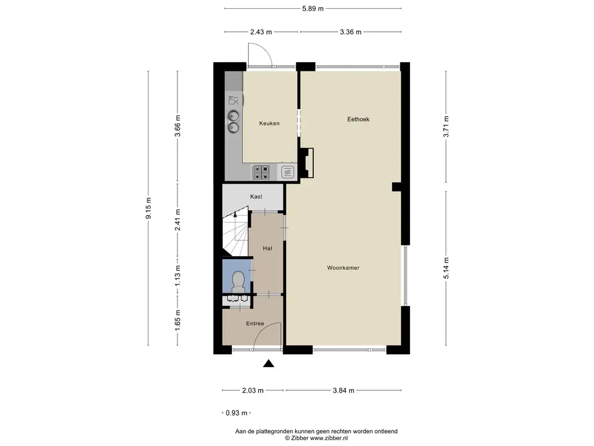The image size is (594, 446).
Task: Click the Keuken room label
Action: [x=269, y=123]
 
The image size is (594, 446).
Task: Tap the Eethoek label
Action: [x=358, y=119]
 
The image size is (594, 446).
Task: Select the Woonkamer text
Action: [x=343, y=268]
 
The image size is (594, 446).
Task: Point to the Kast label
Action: [x=256, y=196]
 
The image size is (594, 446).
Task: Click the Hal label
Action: [x=267, y=249]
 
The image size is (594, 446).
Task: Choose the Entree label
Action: [x=255, y=323]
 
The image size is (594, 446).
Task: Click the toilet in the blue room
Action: [x=238, y=280]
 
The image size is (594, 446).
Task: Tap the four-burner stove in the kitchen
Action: [x=261, y=172]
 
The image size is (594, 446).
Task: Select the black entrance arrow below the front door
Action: [x=269, y=364]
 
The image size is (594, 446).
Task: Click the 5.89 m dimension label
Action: [x=313, y=9]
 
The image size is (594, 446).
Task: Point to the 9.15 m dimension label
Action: [x=148, y=208]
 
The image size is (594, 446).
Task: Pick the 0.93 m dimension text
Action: [x=237, y=413]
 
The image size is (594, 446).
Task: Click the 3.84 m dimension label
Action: [x=343, y=390]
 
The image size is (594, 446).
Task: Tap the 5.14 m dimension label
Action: [x=446, y=268]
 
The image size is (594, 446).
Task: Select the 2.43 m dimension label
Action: [x=261, y=32]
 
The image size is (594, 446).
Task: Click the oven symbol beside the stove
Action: [x=288, y=172]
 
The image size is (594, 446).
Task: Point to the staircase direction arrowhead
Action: [x=236, y=214]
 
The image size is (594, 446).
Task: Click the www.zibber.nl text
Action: [x=329, y=438]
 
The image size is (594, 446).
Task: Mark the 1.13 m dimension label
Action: [x=178, y=276]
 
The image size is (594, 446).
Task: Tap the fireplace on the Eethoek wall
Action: [x=307, y=163]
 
